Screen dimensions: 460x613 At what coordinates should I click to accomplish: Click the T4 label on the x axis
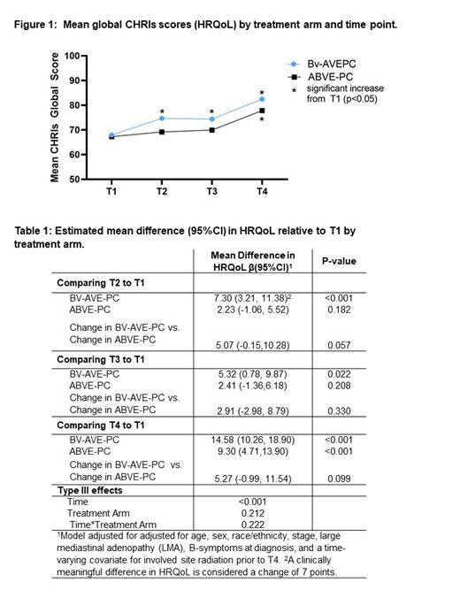(262, 190)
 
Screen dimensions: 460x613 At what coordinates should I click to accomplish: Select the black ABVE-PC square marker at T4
(262, 111)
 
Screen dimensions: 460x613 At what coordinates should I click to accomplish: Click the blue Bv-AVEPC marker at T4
(262, 99)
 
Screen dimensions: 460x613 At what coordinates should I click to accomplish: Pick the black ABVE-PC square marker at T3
(212, 130)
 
